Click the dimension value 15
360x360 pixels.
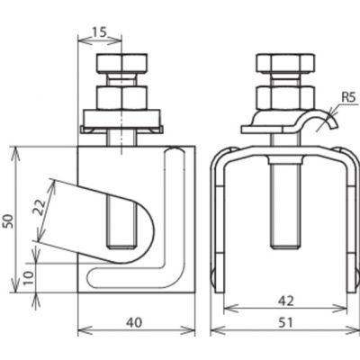point(99,31)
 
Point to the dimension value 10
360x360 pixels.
point(28,278)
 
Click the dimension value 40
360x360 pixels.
point(134,322)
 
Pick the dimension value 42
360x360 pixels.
point(285,301)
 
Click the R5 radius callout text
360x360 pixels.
point(348,97)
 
